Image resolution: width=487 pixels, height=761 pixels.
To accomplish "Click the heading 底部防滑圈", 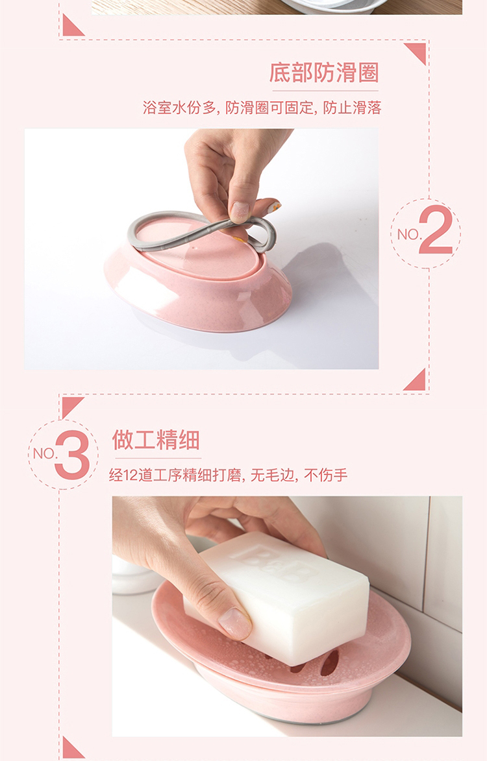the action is pos(324,73).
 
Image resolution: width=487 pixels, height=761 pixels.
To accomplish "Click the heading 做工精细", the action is pos(156,440).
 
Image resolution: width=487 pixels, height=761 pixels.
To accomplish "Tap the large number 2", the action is pos(436,230).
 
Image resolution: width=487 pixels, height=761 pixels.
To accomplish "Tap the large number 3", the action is pos(72,454).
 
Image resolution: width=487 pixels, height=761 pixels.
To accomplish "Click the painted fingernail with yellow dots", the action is pos(274,207).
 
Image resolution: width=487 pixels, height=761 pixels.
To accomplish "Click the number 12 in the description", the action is pos(130,475).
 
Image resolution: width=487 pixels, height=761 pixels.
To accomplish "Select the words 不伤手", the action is pos(326,475).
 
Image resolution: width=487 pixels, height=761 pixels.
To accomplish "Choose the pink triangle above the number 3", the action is pos(73,407).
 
